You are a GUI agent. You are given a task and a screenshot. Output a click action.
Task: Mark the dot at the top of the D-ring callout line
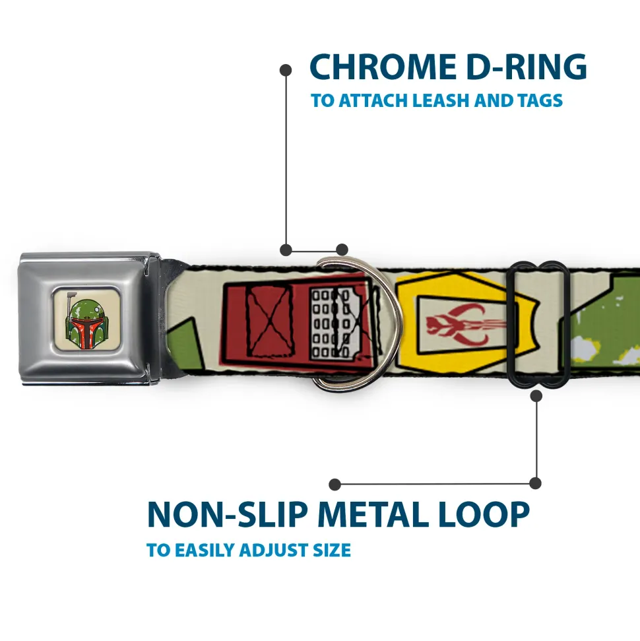click(286, 69)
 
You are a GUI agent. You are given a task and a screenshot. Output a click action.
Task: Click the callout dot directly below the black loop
click(536, 396)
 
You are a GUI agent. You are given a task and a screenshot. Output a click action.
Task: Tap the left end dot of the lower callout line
click(335, 485)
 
